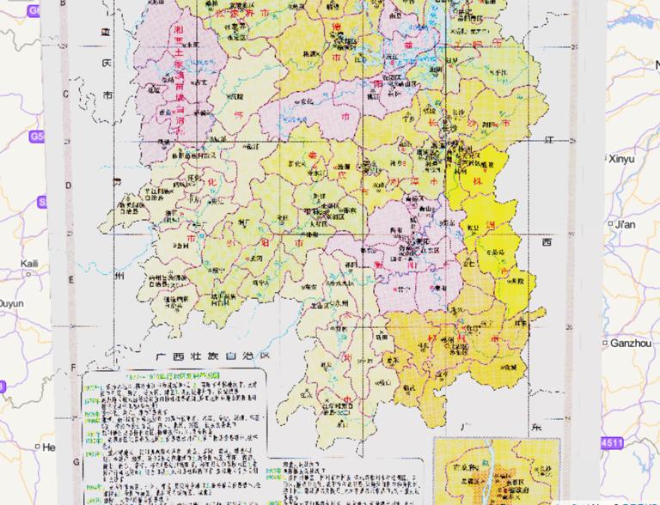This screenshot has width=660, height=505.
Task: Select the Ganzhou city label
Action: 631,343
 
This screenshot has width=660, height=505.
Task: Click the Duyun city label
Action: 12,304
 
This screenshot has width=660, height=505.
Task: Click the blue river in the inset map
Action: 487,468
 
